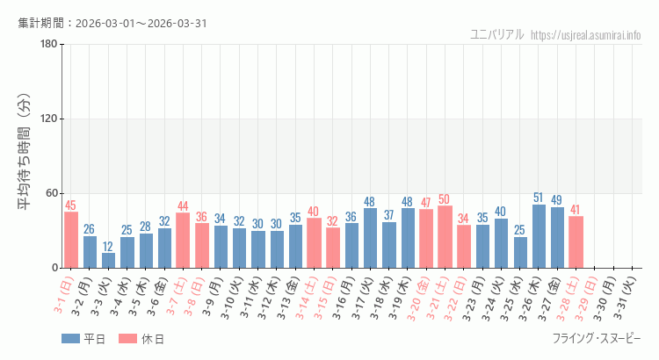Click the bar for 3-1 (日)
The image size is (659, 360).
71,240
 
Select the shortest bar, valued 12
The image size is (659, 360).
108,260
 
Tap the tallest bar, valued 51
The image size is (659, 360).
539,236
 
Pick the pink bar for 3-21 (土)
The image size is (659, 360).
445,237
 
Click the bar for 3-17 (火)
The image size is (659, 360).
370,238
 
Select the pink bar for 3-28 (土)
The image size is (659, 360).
576,242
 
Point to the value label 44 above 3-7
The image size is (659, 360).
183,206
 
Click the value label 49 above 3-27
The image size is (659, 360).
557,200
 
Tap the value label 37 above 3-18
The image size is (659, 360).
388,215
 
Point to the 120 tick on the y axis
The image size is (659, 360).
49,119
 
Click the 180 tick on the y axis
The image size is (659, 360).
49,45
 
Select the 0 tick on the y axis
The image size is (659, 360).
54,268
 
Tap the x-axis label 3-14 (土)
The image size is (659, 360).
309,297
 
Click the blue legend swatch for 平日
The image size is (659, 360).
70,339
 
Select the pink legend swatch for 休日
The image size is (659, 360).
127,339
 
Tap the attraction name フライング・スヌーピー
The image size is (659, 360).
597,339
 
